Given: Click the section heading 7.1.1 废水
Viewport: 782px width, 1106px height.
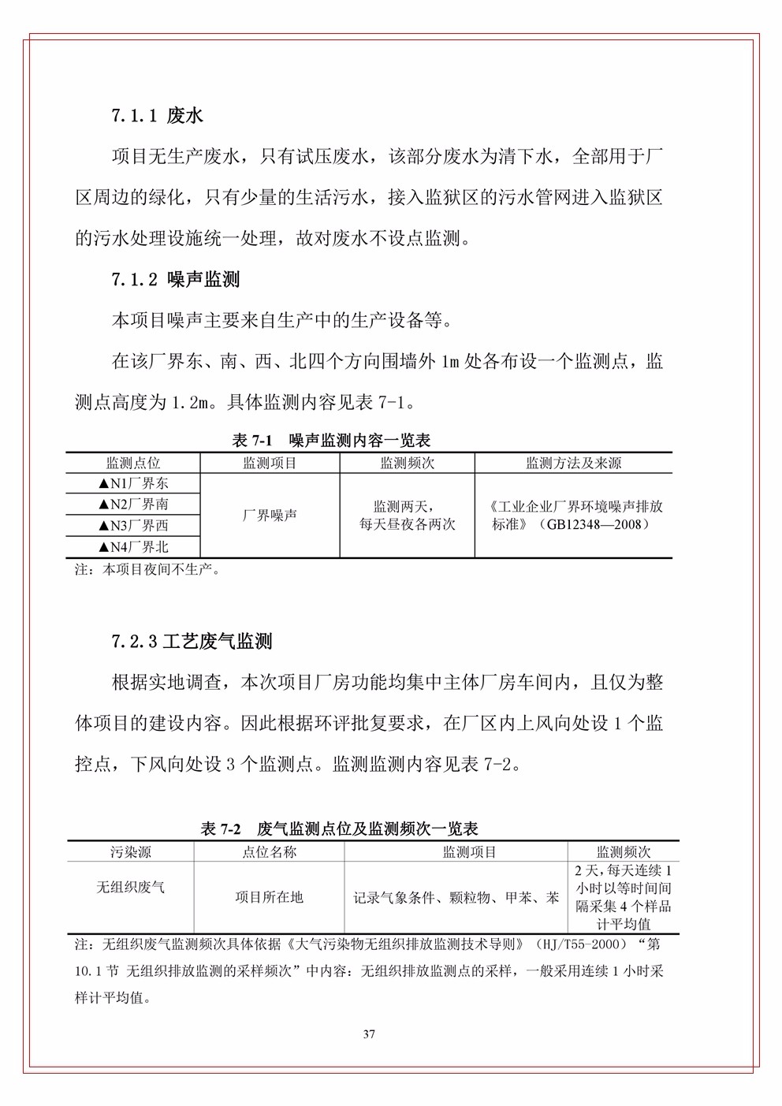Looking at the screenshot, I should pyautogui.click(x=157, y=116).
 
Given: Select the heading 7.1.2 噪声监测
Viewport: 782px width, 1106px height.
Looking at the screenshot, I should pyautogui.click(x=175, y=279).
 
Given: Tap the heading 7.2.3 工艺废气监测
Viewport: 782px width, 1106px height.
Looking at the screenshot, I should pyautogui.click(x=192, y=641).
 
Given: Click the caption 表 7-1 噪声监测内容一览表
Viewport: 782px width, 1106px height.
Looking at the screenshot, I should pyautogui.click(x=331, y=440).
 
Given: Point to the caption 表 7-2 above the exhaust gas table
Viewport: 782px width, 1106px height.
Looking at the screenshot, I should pyautogui.click(x=340, y=829).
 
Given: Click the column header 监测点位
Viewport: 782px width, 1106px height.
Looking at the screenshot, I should pyautogui.click(x=133, y=464).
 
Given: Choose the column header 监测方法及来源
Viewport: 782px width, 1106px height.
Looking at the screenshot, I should pyautogui.click(x=573, y=464).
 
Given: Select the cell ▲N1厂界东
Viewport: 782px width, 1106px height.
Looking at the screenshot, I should pyautogui.click(x=133, y=484).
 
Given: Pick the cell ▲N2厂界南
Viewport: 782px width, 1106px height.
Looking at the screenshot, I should pyautogui.click(x=133, y=505).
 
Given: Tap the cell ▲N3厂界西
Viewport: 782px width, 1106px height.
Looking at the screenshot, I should pyautogui.click(x=133, y=526).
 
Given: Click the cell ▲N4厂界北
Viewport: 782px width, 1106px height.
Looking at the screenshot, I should pyautogui.click(x=133, y=547).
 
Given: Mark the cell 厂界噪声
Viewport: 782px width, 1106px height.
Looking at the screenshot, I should pyautogui.click(x=270, y=516).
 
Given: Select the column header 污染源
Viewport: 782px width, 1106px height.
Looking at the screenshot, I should pyautogui.click(x=131, y=852).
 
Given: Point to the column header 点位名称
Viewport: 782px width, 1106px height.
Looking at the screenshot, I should pyautogui.click(x=269, y=852).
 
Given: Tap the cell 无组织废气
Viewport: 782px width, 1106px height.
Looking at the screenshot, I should pyautogui.click(x=131, y=888).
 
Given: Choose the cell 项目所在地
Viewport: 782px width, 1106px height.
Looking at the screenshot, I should pyautogui.click(x=269, y=897).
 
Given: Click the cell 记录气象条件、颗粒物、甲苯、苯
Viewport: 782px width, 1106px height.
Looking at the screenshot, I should pyautogui.click(x=456, y=897).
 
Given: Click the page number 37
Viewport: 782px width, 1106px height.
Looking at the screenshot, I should pyautogui.click(x=369, y=1034).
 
